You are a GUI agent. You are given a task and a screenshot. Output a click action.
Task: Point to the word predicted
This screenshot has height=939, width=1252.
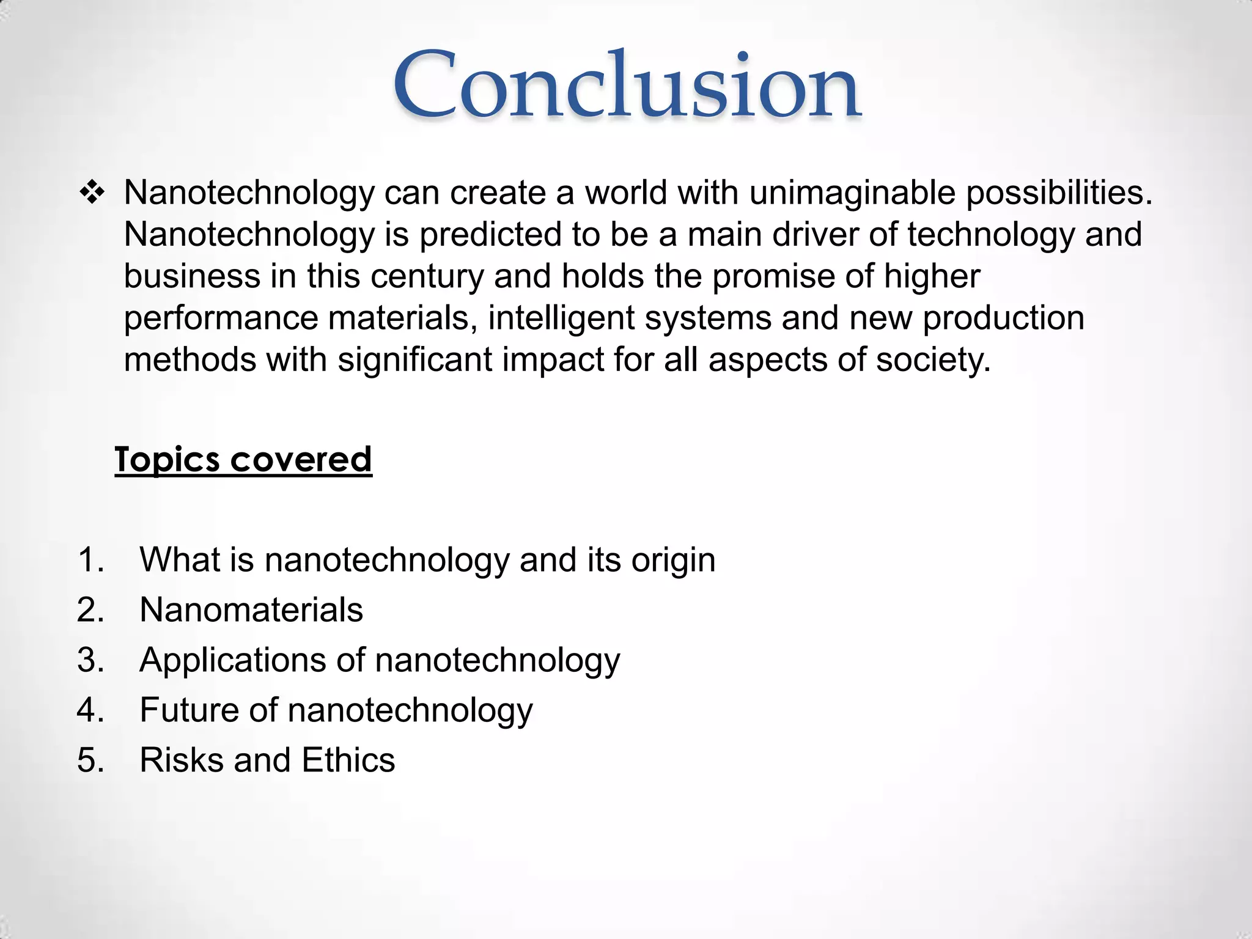(490, 235)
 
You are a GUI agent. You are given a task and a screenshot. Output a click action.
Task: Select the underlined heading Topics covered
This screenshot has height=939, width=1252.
(243, 459)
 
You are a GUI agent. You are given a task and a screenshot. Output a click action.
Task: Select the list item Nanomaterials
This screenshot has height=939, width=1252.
(251, 609)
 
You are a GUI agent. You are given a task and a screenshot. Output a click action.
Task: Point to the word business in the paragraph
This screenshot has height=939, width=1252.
(192, 276)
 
